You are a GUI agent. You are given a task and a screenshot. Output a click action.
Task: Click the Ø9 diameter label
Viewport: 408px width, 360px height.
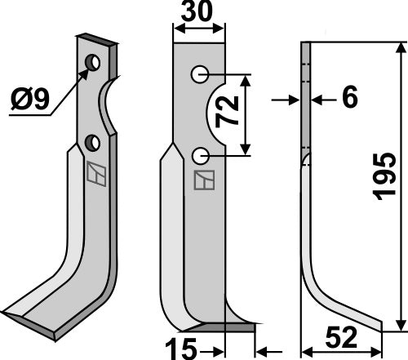[30, 99]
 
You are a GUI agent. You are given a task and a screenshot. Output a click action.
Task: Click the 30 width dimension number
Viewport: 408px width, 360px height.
[197, 11]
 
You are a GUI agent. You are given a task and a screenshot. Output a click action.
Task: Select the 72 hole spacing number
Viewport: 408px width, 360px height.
[227, 112]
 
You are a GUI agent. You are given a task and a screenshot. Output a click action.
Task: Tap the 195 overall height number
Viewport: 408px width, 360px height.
[384, 176]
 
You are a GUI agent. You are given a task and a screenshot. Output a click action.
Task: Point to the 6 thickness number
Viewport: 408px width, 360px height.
[349, 96]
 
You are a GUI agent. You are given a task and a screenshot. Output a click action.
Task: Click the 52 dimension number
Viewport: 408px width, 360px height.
[341, 337]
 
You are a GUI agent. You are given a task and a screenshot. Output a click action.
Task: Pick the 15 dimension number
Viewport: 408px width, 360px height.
[181, 349]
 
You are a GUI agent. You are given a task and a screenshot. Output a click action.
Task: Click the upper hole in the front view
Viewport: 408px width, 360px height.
[200, 74]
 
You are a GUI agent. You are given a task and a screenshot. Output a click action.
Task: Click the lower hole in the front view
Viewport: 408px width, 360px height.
[200, 156]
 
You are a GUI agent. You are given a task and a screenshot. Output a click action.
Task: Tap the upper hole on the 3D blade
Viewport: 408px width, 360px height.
[92, 62]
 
